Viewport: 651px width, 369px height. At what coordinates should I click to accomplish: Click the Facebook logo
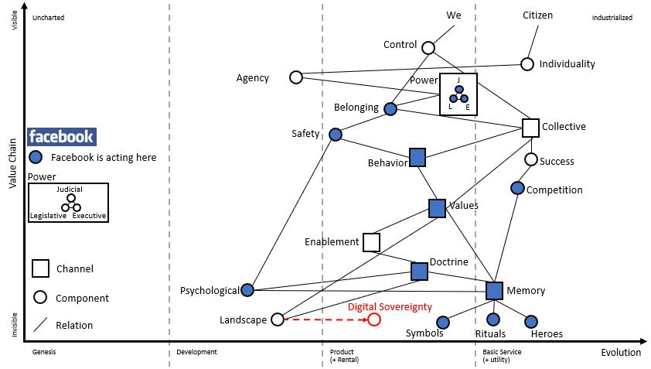coord(61,137)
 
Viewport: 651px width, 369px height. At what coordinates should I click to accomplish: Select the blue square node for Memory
coord(495,290)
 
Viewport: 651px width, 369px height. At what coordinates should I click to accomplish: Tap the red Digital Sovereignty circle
coord(374,319)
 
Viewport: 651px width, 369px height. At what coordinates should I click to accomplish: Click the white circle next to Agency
coord(295,77)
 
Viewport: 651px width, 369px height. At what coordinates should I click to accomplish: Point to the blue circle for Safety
coord(336,135)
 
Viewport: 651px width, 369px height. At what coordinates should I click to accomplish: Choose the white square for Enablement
coord(371,242)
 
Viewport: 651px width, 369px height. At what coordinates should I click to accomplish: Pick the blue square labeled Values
coord(437,207)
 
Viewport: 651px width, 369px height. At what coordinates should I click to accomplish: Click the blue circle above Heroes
coord(531,321)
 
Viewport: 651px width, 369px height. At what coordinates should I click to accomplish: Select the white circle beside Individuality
coord(527,64)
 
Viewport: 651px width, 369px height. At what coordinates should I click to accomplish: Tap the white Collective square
coord(530,127)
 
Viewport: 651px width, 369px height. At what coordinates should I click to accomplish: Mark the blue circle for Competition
coord(517,188)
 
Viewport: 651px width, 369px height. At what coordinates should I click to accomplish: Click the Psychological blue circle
coord(247,290)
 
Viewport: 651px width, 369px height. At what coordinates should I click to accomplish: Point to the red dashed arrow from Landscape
coord(325,319)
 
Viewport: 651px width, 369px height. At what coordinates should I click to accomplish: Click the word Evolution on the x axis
coord(621,353)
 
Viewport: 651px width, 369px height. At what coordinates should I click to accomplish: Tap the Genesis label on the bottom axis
coord(44,352)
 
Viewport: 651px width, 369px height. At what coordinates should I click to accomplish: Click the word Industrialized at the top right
coord(612,17)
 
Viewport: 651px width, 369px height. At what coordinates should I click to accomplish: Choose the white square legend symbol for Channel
coord(41,268)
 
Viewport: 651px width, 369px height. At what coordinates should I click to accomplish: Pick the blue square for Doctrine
coord(419,271)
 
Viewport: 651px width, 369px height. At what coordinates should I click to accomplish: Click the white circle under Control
coord(428,48)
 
